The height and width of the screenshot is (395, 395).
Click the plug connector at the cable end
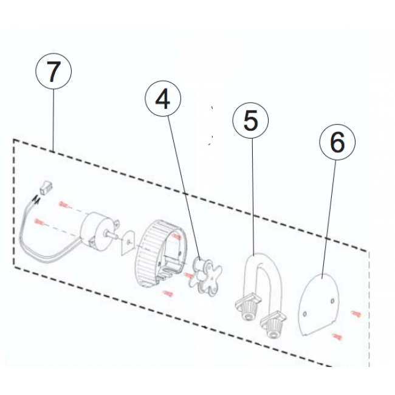(45, 188)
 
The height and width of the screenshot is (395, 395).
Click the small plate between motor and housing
(128, 242)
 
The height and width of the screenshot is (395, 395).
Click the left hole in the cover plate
(305, 314)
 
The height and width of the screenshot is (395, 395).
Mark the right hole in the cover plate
(332, 301)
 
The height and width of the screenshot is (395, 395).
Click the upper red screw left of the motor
(64, 204)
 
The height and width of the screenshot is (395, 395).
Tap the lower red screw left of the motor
(39, 222)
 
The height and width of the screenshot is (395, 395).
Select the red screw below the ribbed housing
(168, 294)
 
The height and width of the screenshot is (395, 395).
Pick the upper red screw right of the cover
(356, 314)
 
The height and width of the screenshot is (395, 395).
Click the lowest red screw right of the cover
(337, 336)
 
